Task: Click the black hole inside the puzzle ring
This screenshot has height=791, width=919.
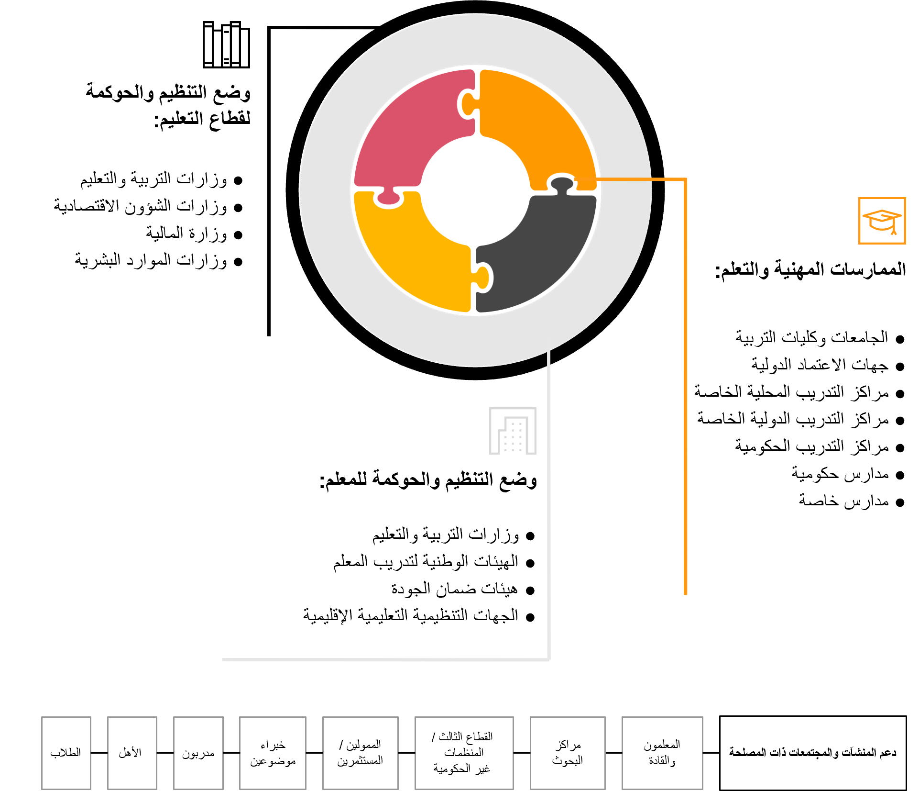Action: pos(476,191)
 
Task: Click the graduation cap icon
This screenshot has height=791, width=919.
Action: pos(882,221)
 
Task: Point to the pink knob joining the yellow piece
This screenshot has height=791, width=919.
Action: pos(389,198)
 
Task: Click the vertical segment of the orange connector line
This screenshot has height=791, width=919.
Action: pos(686,383)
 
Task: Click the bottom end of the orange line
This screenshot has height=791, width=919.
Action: pos(686,593)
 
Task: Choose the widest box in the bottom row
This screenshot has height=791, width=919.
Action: pos(464,753)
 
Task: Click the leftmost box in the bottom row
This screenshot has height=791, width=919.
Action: pos(66,753)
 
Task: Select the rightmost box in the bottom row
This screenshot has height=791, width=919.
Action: pos(662,753)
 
